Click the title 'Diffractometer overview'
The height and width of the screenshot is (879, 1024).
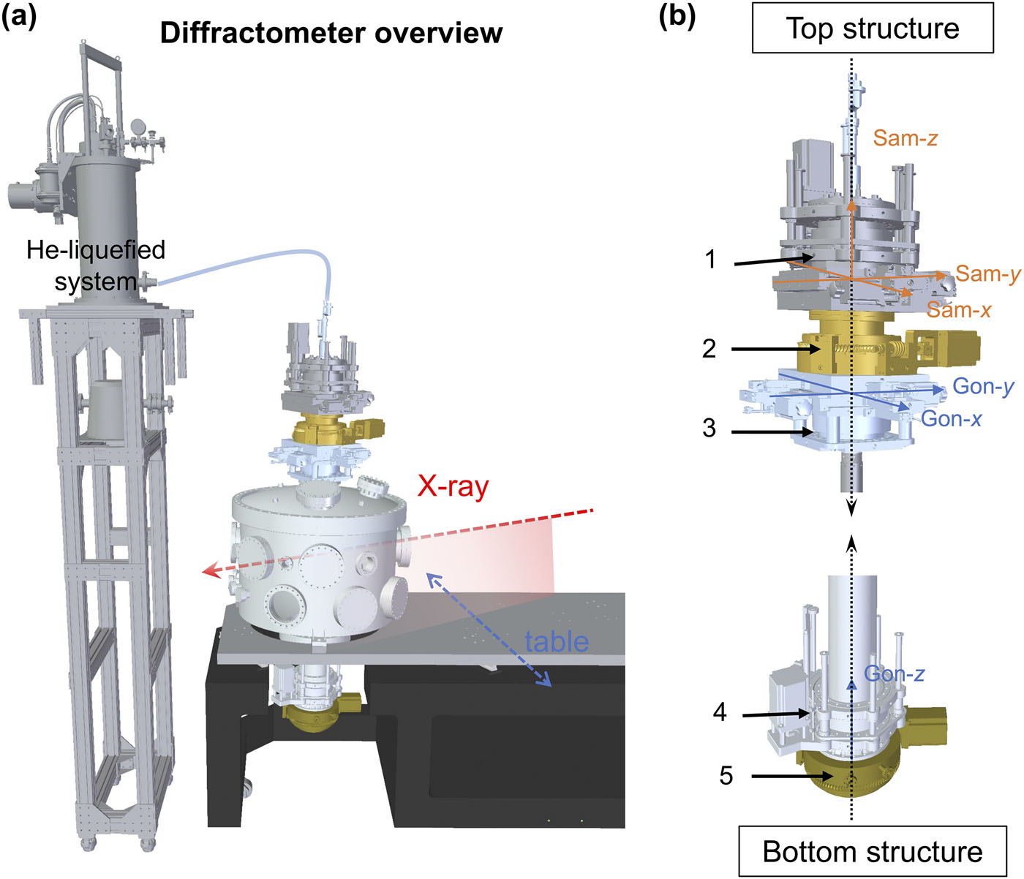(331, 33)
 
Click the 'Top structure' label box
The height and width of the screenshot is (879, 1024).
(873, 29)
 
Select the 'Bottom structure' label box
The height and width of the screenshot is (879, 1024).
(873, 852)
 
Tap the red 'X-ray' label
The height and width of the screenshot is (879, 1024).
(453, 486)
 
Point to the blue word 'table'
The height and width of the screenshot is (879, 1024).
(557, 641)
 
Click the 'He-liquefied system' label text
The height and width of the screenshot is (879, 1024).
(96, 265)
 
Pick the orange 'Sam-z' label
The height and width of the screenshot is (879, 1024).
(905, 138)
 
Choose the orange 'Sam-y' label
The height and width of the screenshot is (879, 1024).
(987, 274)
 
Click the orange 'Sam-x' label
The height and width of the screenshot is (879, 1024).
(958, 310)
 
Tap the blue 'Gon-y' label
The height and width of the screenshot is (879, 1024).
(983, 386)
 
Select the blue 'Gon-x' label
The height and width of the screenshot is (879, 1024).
(951, 418)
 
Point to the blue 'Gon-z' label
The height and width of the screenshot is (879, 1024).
(894, 674)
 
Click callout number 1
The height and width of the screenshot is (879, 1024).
(710, 260)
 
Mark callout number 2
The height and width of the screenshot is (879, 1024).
(709, 349)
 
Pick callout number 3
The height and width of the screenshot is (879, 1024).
(709, 429)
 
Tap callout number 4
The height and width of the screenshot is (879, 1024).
(720, 712)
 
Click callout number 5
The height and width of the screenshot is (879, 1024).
(726, 775)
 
